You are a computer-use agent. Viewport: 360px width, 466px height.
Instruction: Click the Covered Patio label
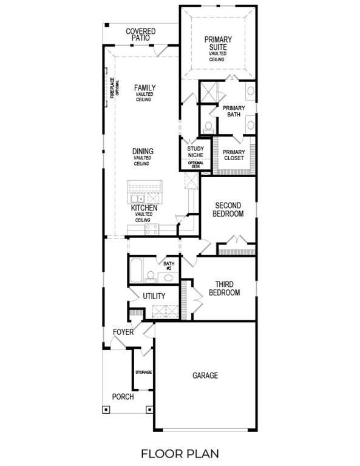tap(140, 35)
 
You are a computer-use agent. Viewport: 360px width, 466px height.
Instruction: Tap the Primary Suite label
tap(217, 44)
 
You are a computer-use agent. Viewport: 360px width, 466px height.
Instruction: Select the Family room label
tap(144, 88)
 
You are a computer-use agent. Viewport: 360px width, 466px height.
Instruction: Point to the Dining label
tap(143, 152)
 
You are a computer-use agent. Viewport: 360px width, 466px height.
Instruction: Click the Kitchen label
tap(144, 208)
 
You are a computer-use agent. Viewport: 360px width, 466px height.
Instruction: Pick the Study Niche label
tap(195, 152)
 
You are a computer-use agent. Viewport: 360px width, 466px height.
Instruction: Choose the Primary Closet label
tap(234, 155)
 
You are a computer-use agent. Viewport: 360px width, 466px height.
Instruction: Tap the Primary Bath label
tap(234, 111)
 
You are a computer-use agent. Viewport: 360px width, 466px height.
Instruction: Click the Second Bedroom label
tap(228, 210)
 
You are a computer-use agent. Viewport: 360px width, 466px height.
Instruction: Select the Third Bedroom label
tap(224, 288)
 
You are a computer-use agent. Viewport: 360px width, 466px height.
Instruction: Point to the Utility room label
tap(154, 296)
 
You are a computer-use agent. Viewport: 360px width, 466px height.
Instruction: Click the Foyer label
tap(123, 333)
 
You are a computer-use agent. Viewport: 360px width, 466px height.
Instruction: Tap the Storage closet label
tap(143, 372)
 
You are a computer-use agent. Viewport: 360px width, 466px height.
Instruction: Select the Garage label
tap(205, 376)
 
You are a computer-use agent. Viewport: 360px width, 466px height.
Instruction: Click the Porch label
tap(123, 397)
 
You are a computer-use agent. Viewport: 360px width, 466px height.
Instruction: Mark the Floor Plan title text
tap(180, 453)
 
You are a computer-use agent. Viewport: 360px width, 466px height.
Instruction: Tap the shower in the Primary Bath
tap(208, 93)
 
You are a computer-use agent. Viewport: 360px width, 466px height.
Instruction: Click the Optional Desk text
tap(195, 164)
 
